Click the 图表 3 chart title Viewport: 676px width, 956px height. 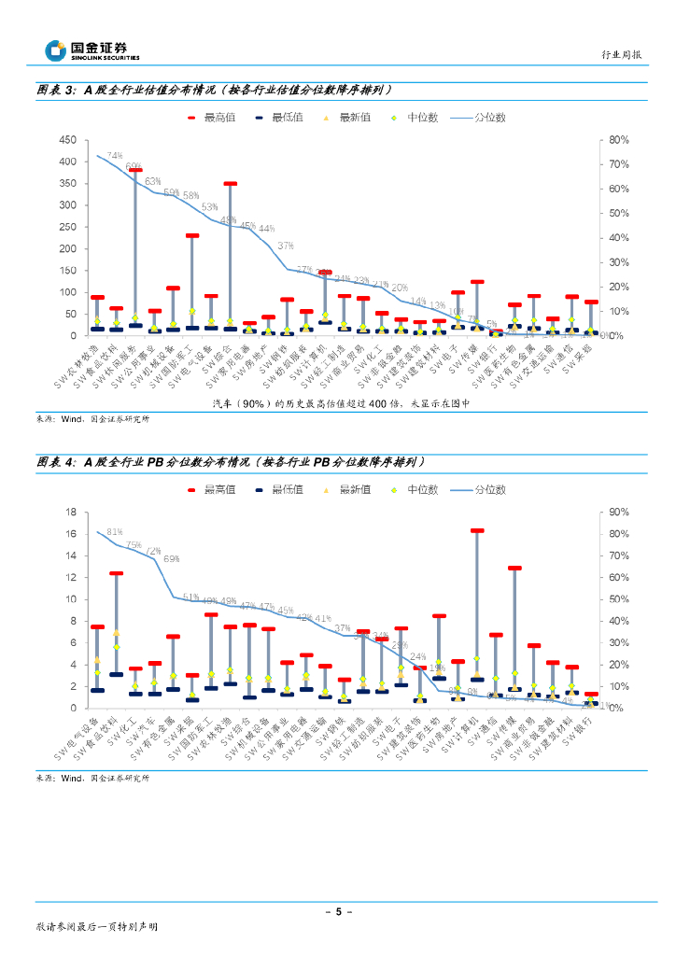click(214, 91)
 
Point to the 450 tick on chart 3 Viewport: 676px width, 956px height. click(67, 140)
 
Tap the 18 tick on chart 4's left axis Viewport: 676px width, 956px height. click(71, 513)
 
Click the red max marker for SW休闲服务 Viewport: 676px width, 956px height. click(135, 170)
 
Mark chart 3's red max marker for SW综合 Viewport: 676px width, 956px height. click(230, 184)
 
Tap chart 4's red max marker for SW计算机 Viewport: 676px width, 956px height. click(477, 530)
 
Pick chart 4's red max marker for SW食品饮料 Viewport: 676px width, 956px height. click(116, 573)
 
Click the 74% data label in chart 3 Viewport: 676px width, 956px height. click(115, 155)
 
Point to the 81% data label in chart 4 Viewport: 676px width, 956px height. click(114, 531)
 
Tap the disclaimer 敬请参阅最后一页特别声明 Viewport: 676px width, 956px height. click(97, 928)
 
